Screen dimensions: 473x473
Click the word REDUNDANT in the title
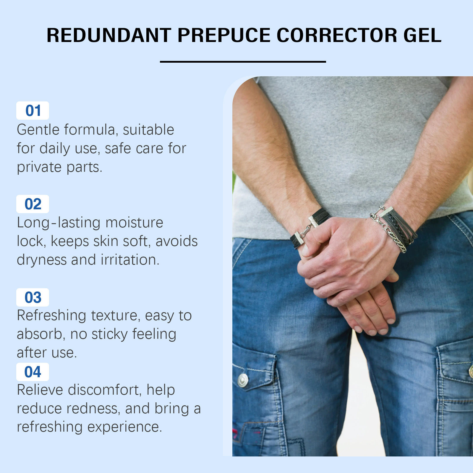click(x=109, y=35)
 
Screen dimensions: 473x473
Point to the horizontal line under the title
click(x=243, y=61)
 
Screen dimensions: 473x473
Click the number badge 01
click(x=33, y=111)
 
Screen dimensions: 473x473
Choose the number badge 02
click(x=33, y=204)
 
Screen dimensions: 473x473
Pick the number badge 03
click(x=33, y=297)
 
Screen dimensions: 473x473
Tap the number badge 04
click(x=33, y=372)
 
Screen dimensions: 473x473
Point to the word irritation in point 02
click(x=130, y=260)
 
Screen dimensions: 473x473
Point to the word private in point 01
click(x=39, y=167)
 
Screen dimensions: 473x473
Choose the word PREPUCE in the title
click(x=224, y=35)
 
